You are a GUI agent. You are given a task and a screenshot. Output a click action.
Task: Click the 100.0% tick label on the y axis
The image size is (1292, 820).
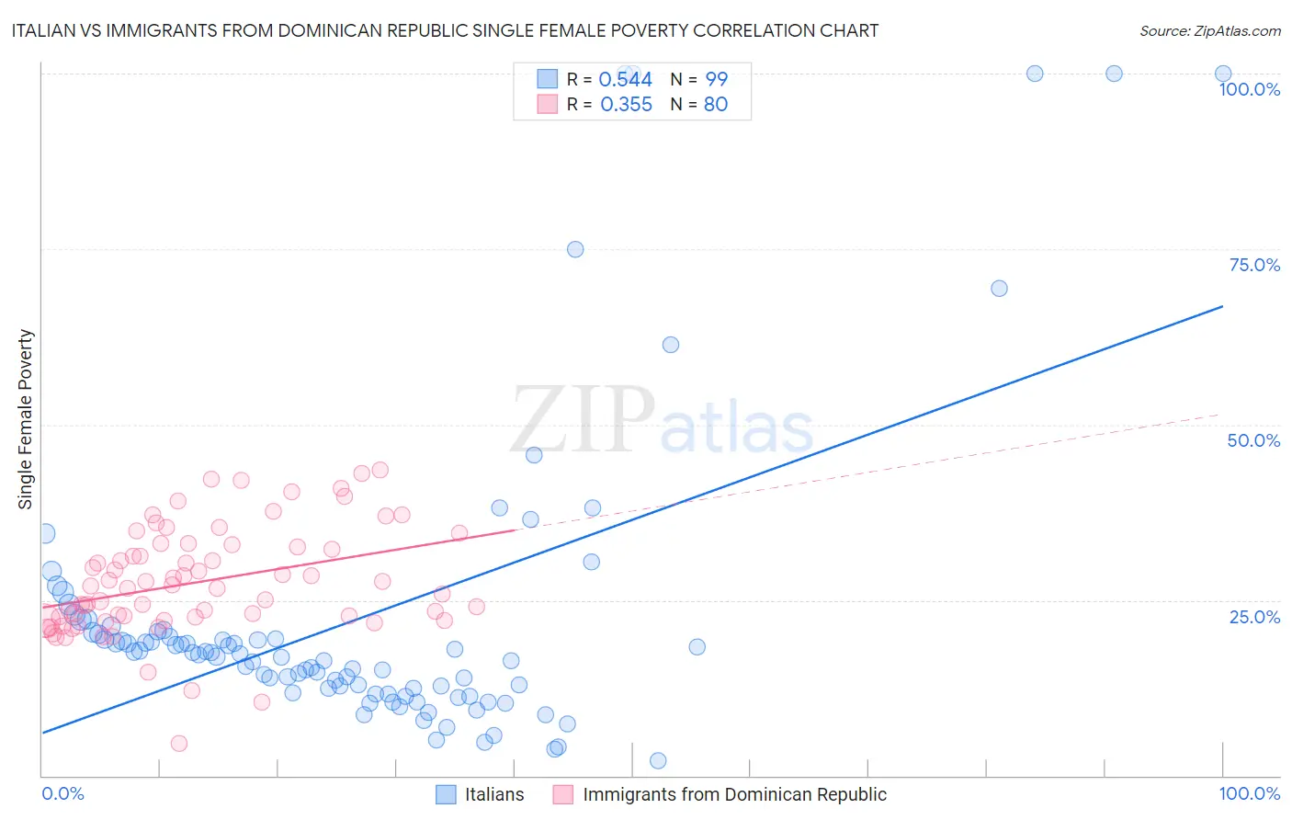coord(1249,89)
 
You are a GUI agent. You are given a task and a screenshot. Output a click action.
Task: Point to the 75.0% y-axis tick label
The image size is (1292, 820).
coord(1254,265)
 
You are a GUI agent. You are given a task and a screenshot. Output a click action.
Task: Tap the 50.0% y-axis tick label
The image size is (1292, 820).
coord(1253,440)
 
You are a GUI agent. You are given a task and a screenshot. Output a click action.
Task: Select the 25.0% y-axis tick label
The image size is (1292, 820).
coord(1254,616)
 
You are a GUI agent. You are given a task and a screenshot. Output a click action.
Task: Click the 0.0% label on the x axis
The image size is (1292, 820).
coord(62,793)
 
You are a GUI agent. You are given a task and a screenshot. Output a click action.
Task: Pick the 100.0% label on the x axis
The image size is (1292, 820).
coord(1249,793)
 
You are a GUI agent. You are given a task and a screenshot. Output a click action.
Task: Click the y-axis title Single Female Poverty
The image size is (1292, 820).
coord(26,419)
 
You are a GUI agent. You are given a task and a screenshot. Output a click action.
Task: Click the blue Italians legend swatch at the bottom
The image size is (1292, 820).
coord(446,794)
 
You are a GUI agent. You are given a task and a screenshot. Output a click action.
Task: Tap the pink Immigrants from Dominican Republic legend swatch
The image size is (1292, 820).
coord(563,794)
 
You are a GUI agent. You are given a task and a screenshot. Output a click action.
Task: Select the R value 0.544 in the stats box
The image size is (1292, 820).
coord(625,80)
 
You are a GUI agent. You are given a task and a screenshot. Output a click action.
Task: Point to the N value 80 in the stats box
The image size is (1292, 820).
coord(715,105)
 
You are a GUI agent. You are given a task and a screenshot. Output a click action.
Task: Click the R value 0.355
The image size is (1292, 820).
coord(626,105)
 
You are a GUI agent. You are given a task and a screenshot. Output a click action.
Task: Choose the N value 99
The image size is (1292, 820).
coord(716,80)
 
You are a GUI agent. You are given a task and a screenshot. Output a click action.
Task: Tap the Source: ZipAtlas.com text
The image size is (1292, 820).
coord(1209,30)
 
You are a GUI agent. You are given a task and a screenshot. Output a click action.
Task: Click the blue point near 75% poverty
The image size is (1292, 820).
coord(575,249)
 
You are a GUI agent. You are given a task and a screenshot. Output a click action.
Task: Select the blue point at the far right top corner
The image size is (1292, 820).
coord(1223,74)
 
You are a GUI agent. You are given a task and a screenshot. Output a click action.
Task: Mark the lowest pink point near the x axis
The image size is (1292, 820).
coord(179,744)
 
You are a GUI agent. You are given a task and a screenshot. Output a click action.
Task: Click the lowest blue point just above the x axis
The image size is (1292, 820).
coord(658,760)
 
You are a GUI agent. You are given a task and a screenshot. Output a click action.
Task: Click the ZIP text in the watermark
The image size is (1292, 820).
coord(583,419)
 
